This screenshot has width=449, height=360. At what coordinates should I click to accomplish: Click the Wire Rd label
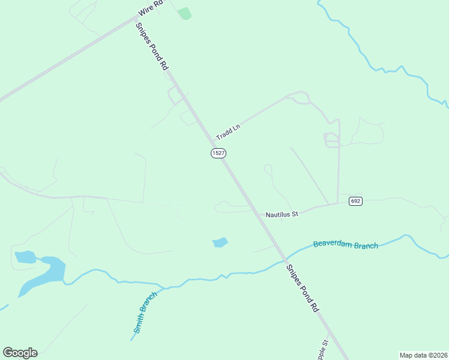(151, 7)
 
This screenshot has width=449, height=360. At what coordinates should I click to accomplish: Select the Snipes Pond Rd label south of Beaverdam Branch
(302, 289)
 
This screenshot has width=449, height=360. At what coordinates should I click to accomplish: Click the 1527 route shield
(218, 154)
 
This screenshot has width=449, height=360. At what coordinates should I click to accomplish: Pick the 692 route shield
(355, 201)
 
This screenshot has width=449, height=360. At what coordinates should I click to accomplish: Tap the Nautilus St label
(282, 214)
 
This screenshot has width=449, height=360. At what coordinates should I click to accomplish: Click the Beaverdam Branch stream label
(346, 245)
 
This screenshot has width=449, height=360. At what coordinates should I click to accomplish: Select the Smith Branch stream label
(145, 312)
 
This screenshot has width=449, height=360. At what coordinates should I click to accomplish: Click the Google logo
(20, 353)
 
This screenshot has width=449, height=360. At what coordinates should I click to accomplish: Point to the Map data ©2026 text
(423, 355)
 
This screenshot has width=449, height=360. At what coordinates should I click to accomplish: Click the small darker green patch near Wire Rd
(185, 13)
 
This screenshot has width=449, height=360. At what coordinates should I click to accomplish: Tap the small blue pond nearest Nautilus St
(220, 242)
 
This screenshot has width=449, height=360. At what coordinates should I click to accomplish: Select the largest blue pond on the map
(45, 272)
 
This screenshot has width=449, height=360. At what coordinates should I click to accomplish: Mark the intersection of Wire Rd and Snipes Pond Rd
(136, 18)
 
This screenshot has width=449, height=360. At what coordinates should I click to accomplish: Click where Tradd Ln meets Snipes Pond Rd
(212, 140)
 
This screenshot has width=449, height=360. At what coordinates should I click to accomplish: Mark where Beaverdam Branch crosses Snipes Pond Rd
(283, 259)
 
